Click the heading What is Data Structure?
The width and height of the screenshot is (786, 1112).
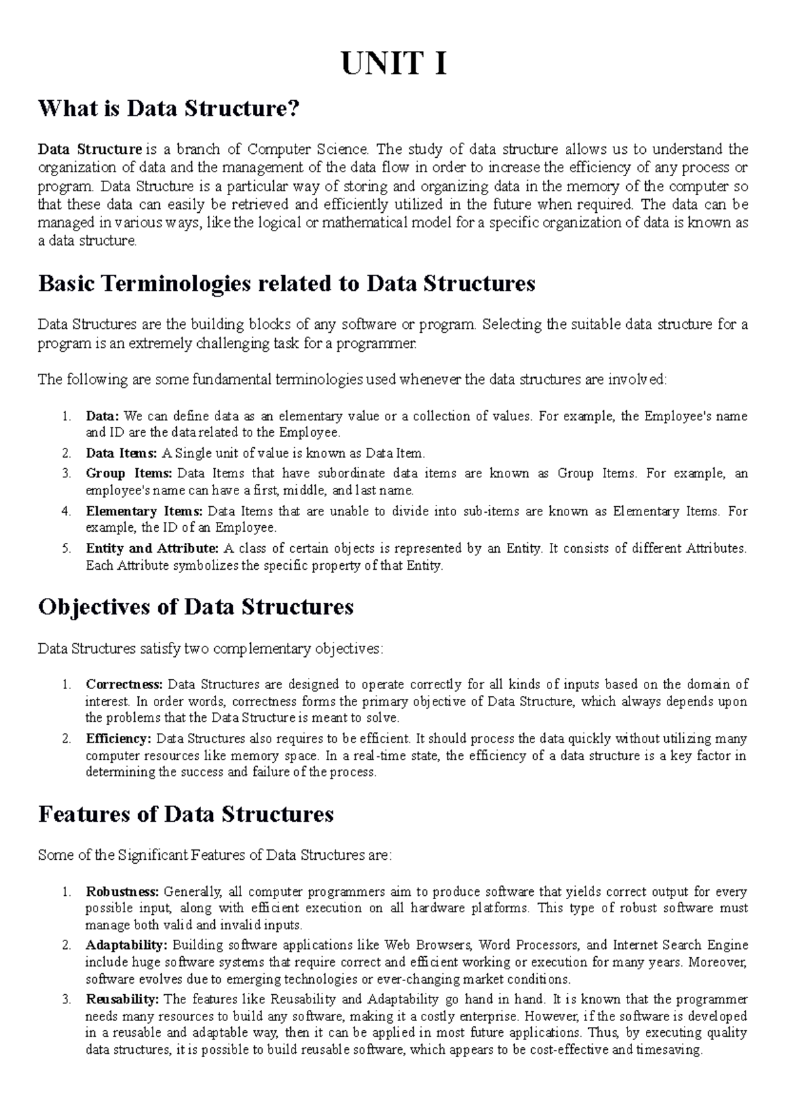click(168, 108)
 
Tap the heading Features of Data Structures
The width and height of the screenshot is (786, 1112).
click(186, 814)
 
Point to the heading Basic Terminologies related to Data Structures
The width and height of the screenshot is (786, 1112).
click(287, 283)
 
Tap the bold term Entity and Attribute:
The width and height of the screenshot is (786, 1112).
click(152, 548)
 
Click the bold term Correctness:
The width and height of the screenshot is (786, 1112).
click(124, 685)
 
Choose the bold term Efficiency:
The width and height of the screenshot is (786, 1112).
click(118, 739)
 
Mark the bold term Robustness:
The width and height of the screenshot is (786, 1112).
click(122, 891)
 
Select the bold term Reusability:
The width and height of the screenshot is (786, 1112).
click(122, 999)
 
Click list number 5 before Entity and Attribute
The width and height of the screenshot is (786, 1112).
click(66, 549)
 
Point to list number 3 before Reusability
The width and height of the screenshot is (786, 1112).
click(66, 1000)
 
